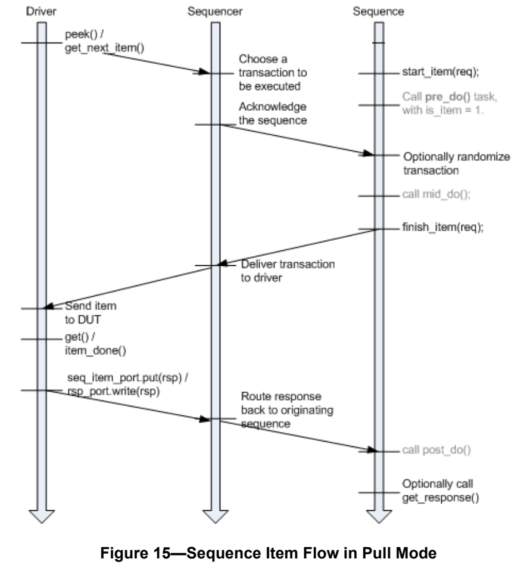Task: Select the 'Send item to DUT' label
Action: [82, 313]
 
